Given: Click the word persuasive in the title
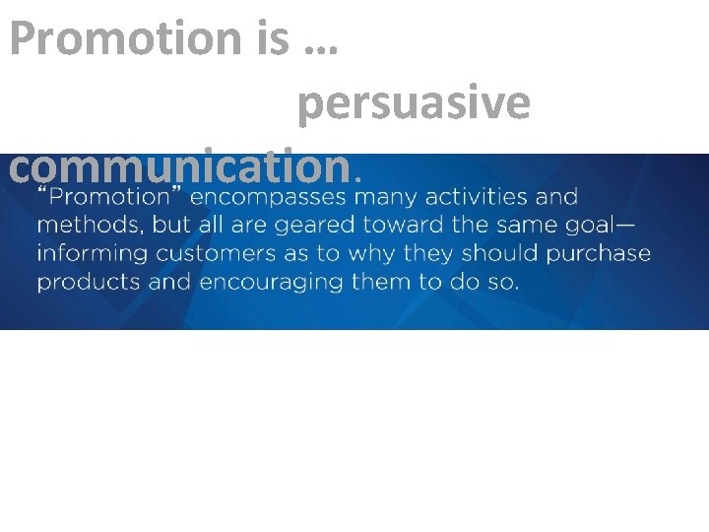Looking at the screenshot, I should coord(414,103).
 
